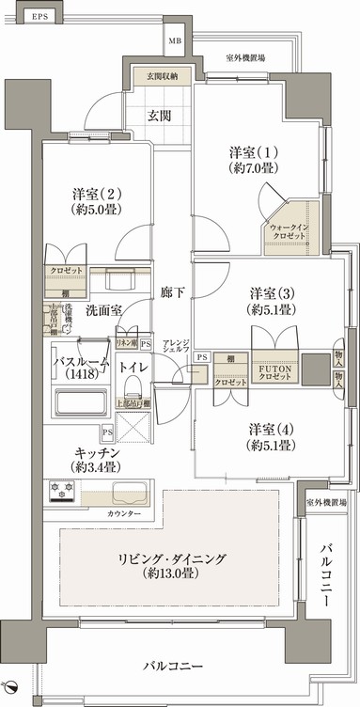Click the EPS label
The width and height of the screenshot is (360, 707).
38,17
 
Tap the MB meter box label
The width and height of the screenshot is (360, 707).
176,41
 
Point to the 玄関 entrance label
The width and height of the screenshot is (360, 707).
159,116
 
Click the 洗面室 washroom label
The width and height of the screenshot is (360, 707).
102,308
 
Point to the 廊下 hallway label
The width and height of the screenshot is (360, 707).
172,291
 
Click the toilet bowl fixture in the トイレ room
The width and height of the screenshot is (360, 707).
133,385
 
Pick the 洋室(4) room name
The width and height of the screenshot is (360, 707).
270,429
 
